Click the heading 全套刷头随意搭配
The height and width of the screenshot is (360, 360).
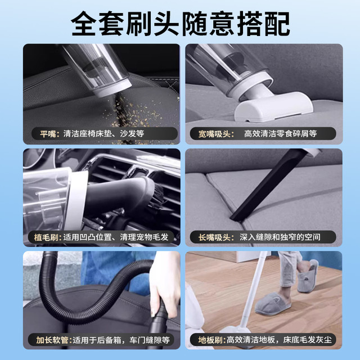pyautogui.click(x=180, y=24)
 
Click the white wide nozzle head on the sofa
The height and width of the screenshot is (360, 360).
pyautogui.click(x=273, y=106)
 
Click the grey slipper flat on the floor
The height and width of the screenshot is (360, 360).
pyautogui.click(x=273, y=304)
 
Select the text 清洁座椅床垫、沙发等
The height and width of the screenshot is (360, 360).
pyautogui.click(x=103, y=134)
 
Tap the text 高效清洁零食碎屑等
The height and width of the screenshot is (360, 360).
pyautogui.click(x=280, y=134)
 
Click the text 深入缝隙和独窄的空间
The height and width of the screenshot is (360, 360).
pyautogui.click(x=280, y=237)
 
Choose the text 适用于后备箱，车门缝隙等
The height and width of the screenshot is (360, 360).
pyautogui.click(x=121, y=340)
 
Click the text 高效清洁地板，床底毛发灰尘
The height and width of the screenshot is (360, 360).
pyautogui.click(x=279, y=340)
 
